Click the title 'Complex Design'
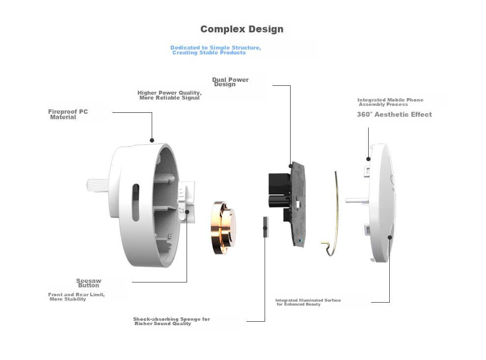(x=242, y=29)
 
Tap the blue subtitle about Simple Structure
(x=216, y=50)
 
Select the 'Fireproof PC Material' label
(x=68, y=114)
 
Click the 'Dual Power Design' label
(x=230, y=82)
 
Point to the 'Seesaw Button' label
(x=89, y=283)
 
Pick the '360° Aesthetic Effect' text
(x=394, y=115)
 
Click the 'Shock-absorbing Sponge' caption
(x=171, y=321)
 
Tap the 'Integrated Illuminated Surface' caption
(x=308, y=302)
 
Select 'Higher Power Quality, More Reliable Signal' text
(x=169, y=95)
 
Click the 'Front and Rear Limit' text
(x=76, y=297)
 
